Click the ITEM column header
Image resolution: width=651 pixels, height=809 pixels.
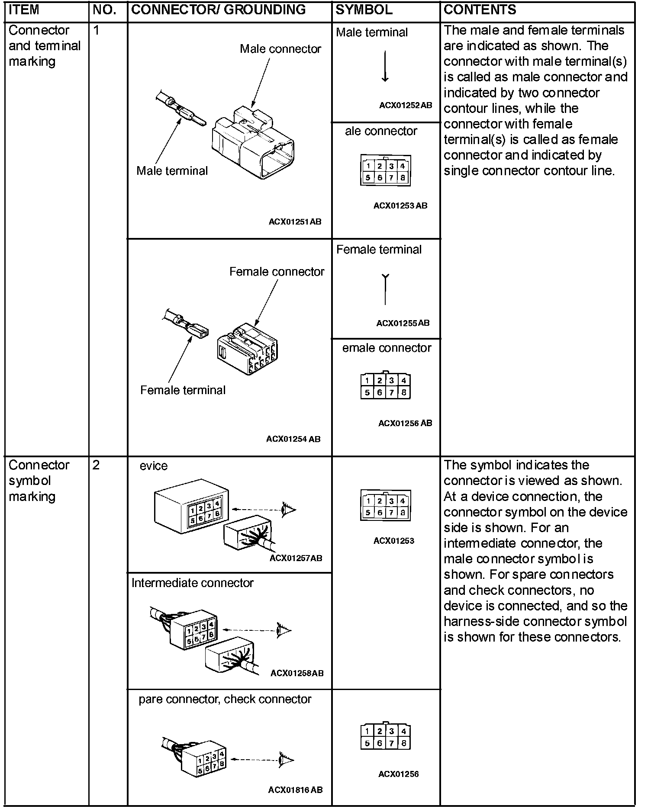point(24,10)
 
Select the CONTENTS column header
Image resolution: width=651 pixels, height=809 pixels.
point(480,10)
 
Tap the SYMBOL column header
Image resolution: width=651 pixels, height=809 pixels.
point(364,10)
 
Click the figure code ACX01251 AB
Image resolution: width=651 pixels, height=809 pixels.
point(295,222)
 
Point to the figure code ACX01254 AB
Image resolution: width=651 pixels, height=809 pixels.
point(293,439)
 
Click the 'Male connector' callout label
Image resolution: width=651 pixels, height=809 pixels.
point(280,49)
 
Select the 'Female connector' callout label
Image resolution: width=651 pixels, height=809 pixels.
point(277,272)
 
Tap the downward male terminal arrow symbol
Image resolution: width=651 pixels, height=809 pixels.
point(385,67)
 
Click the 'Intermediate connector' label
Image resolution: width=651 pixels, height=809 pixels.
point(192,583)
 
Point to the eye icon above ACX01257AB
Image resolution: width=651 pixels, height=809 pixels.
point(287,509)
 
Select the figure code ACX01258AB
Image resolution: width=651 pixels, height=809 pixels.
point(296,673)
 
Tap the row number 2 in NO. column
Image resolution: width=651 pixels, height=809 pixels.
point(96,465)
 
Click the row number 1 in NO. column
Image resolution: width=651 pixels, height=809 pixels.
point(96,30)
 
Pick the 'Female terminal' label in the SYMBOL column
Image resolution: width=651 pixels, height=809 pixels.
point(379,250)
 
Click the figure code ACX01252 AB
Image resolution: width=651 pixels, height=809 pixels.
point(406,105)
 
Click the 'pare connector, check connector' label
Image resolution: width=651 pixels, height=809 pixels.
point(225,700)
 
